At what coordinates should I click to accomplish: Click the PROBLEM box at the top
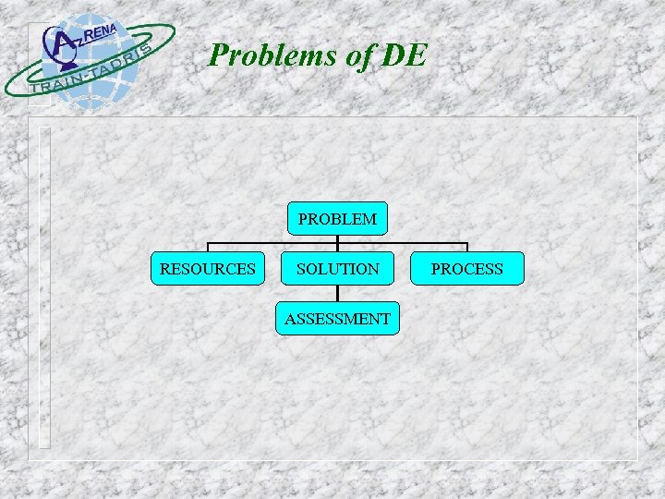(x=337, y=219)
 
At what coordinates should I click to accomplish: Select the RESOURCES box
(x=208, y=269)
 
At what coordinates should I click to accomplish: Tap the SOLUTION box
(x=337, y=269)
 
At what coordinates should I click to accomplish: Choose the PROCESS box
(x=467, y=269)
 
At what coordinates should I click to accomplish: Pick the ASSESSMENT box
(x=337, y=319)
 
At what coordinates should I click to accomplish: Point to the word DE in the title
(x=404, y=55)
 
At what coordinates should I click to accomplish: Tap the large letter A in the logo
(x=62, y=43)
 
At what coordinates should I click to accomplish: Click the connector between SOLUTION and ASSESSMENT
(x=337, y=294)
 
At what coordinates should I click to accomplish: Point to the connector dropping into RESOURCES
(x=208, y=248)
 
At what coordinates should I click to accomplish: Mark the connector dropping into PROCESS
(x=467, y=248)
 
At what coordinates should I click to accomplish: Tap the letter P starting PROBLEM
(x=302, y=219)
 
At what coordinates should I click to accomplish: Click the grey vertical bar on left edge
(x=44, y=286)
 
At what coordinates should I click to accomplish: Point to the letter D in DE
(x=393, y=55)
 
